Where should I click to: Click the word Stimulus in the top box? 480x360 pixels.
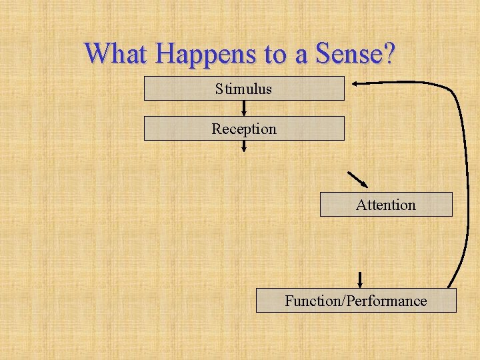pos(243,89)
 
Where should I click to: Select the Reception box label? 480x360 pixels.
pos(243,129)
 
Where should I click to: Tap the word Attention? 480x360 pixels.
pos(385,205)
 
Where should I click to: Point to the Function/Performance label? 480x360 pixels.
pos(355,301)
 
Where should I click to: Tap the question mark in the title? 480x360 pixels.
pos(389,53)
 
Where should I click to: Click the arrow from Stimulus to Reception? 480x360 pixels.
pos(244,109)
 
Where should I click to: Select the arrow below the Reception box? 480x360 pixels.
pos(244,146)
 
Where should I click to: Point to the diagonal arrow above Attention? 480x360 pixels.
pos(358,180)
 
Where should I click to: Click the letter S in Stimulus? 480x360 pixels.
pos(219,89)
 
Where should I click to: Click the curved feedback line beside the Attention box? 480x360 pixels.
pos(465,200)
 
